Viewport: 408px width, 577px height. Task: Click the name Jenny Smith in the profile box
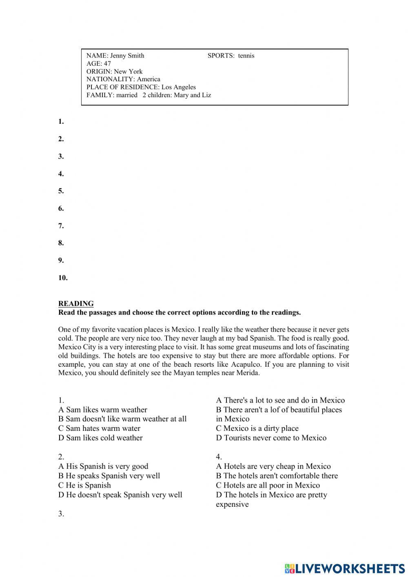coord(127,56)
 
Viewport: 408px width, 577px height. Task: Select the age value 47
coord(107,63)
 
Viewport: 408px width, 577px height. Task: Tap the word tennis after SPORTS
coord(246,56)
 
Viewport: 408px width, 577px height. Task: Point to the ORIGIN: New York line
coord(114,71)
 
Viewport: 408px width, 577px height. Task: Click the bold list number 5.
coord(61,191)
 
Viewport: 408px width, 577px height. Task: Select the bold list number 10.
coord(63,278)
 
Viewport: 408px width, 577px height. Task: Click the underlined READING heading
coord(76,303)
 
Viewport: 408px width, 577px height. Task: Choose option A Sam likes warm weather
coord(102,410)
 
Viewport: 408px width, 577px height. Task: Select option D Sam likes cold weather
coord(100,438)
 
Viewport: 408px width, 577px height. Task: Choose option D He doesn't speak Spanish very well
coord(120,495)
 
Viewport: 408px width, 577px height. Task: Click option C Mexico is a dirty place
coord(257,428)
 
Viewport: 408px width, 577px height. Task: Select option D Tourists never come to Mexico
coord(271,438)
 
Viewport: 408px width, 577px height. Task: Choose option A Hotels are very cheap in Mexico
coord(273,466)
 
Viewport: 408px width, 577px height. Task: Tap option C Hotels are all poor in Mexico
coord(268,485)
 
